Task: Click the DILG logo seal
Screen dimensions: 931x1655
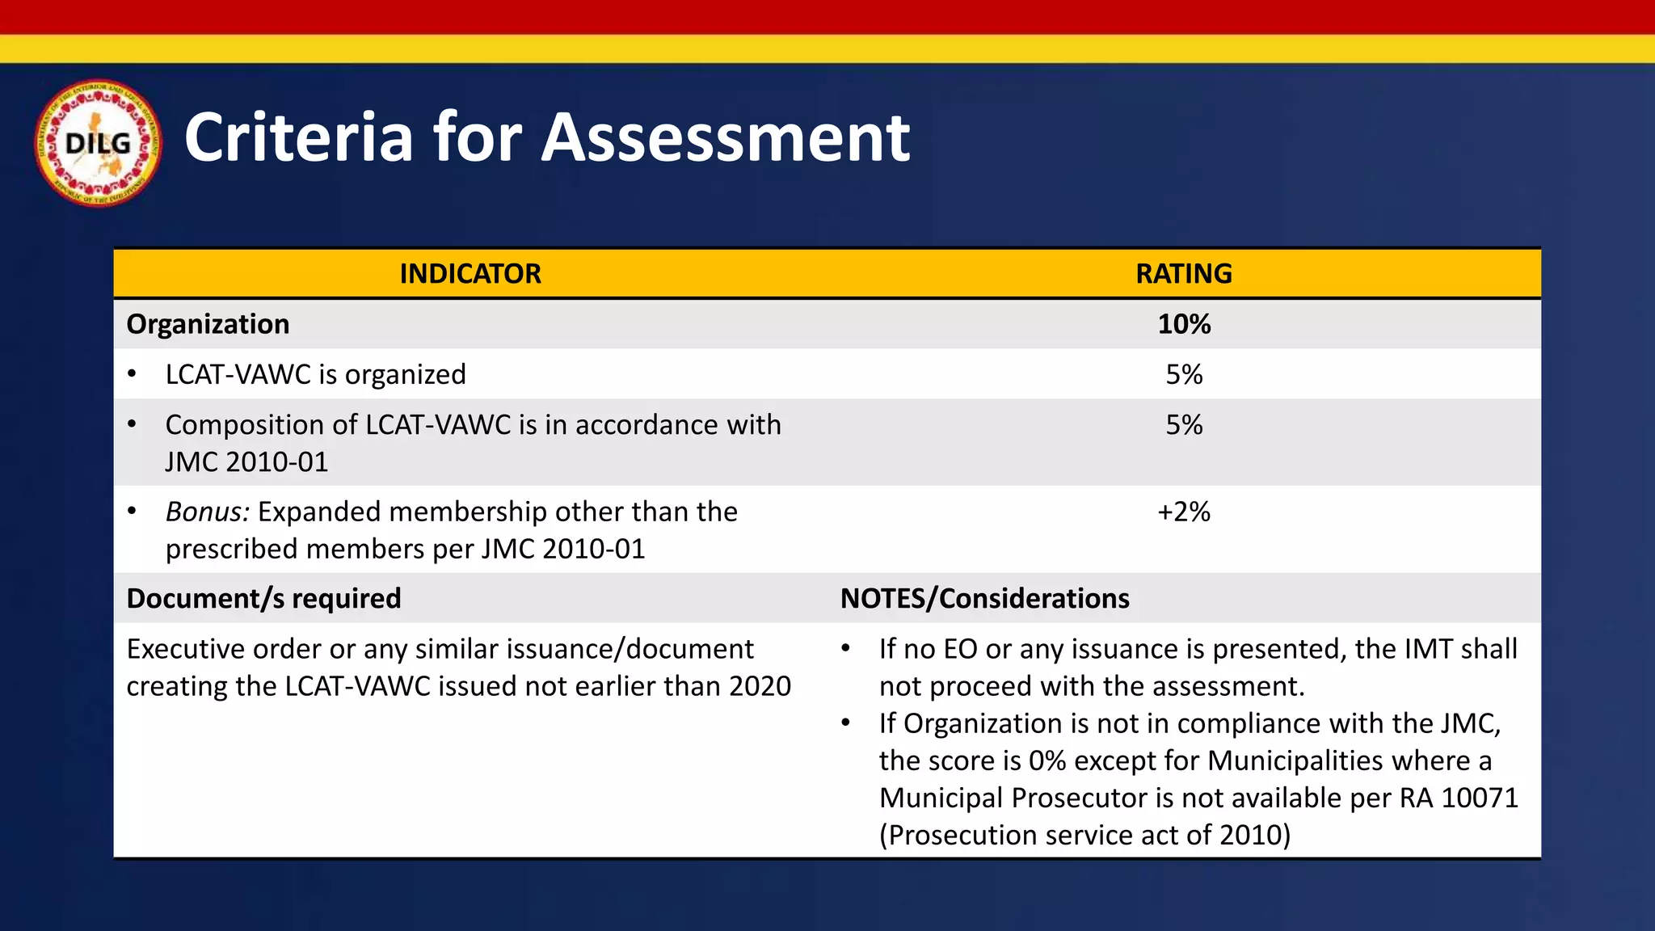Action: click(98, 143)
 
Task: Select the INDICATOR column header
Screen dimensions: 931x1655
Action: click(470, 274)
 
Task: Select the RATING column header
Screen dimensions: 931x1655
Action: click(1184, 274)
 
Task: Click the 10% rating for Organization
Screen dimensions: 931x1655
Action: click(1184, 324)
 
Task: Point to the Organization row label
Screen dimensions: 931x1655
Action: click(208, 324)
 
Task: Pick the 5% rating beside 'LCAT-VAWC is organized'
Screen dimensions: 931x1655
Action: click(1184, 374)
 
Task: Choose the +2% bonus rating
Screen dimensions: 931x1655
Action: click(1184, 512)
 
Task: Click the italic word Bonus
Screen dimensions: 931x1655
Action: click(208, 512)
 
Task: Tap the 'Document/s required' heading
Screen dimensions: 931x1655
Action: click(263, 598)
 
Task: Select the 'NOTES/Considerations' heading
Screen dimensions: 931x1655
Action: click(984, 598)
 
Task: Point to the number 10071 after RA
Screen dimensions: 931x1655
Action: click(1480, 798)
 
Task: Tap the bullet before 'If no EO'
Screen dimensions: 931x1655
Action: click(846, 649)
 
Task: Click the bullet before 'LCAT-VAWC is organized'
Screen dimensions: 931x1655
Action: click(132, 374)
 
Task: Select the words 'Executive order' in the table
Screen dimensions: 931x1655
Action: click(223, 649)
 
